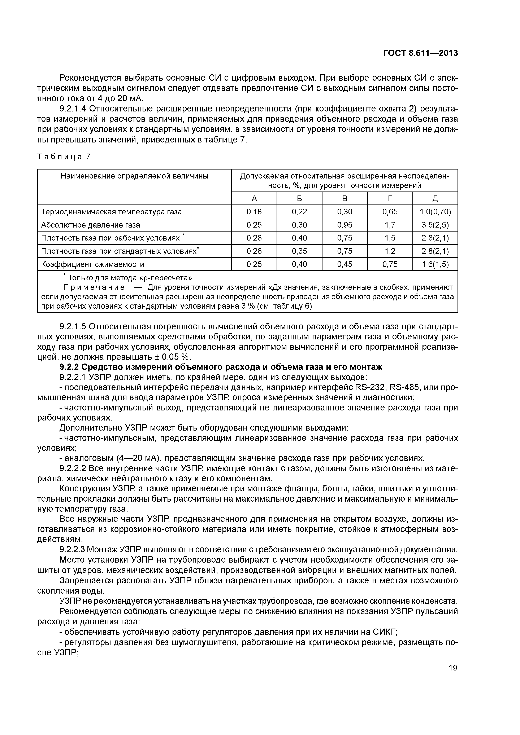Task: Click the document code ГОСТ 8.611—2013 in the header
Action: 420,53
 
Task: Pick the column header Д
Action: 435,198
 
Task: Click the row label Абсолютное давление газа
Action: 91,225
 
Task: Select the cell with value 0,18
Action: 254,212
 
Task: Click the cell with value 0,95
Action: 344,225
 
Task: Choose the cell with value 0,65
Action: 390,212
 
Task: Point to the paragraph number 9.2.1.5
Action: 73,326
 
